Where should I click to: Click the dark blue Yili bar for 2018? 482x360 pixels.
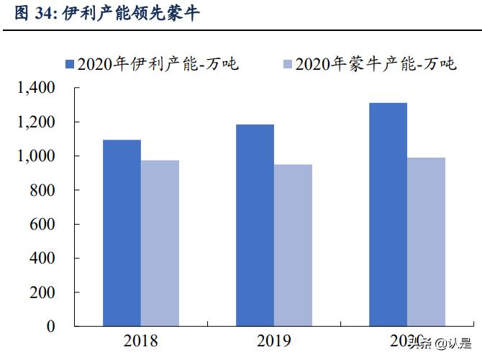(x=122, y=233)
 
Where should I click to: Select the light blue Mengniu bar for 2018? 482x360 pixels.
(x=160, y=243)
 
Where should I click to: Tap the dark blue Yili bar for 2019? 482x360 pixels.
(x=255, y=225)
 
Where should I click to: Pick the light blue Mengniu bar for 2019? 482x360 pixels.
(x=293, y=245)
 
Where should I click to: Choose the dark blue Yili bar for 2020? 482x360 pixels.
(x=388, y=215)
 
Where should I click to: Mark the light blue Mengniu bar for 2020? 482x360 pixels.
(x=426, y=242)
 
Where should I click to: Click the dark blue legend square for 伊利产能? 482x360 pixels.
(x=70, y=64)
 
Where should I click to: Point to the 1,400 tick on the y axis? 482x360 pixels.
(x=35, y=88)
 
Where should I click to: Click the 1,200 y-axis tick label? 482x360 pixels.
(x=35, y=122)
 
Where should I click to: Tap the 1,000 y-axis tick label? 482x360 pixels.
(x=35, y=156)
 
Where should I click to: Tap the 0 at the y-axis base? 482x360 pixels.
(x=50, y=326)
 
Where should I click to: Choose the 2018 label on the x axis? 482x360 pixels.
(x=140, y=341)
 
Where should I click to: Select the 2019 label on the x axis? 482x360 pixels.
(x=273, y=341)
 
